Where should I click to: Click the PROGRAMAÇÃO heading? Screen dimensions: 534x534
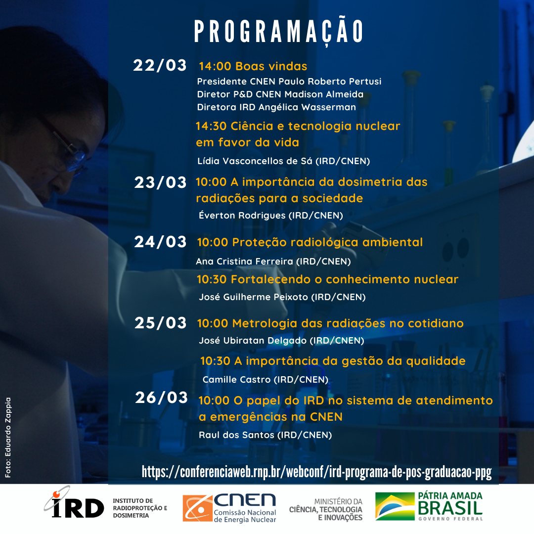point(279,31)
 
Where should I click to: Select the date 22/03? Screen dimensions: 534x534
point(160,65)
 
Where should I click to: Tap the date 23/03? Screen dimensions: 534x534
point(160,182)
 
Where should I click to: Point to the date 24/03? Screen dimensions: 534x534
point(160,242)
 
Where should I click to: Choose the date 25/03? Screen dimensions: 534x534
point(160,323)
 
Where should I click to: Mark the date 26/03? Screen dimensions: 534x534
point(161,398)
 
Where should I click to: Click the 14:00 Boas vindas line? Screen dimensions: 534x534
point(253,66)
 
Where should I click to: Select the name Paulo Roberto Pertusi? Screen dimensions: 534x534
point(330,82)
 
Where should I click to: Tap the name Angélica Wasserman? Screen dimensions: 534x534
point(307,107)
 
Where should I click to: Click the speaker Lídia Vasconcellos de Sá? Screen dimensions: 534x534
point(255,161)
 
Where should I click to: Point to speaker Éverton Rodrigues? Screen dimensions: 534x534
point(242,215)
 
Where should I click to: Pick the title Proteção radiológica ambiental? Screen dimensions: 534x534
point(327,242)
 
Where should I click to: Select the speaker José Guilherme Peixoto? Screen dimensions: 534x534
point(253,297)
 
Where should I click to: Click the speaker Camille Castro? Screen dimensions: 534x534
point(237,379)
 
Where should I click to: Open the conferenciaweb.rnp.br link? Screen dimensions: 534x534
point(317,472)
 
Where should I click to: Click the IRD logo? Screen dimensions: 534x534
point(74,503)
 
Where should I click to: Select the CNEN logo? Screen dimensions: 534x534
point(229,508)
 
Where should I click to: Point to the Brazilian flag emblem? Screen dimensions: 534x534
point(395,506)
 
